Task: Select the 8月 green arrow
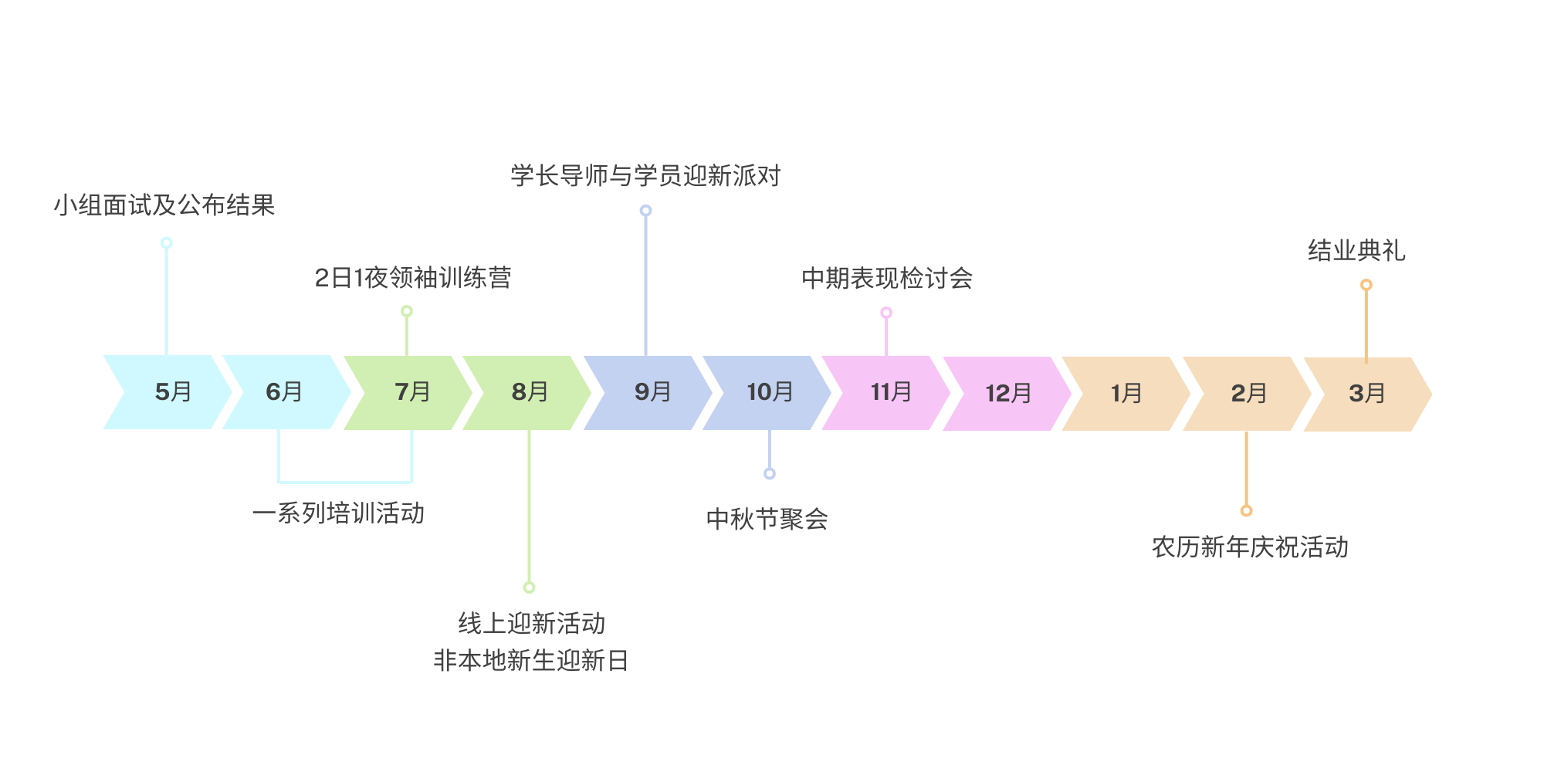click(529, 392)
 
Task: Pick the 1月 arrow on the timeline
click(1126, 394)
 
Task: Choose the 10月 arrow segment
click(769, 392)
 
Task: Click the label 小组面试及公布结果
click(164, 205)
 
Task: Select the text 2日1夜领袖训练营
click(413, 278)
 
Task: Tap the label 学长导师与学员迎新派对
click(645, 176)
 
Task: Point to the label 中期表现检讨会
click(887, 278)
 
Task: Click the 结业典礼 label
click(1356, 251)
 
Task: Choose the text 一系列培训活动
click(338, 513)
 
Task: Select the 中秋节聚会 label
click(767, 519)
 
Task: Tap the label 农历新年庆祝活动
click(1250, 547)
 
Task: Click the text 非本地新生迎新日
click(531, 661)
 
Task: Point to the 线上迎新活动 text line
click(531, 623)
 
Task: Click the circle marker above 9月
click(645, 211)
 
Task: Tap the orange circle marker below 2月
click(1246, 511)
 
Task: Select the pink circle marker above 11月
click(886, 313)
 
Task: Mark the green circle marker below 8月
click(529, 587)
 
